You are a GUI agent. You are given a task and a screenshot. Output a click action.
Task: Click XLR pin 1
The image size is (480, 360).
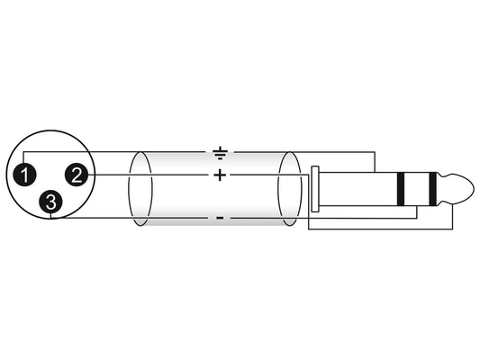24,175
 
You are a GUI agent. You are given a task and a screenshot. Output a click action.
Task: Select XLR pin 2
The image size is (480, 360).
77,175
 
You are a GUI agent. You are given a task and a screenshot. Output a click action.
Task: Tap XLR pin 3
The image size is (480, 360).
50,202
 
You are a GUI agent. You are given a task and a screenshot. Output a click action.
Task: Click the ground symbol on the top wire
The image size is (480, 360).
220,154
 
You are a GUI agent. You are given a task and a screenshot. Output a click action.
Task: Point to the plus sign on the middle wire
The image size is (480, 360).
220,175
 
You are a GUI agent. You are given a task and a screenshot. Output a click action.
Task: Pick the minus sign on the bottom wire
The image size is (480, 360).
220,218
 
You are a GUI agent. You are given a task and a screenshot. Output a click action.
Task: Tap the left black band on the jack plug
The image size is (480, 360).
401,189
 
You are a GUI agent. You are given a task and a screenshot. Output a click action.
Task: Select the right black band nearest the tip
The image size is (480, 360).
432,189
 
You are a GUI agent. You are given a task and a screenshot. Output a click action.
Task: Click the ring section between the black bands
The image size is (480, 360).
417,189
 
